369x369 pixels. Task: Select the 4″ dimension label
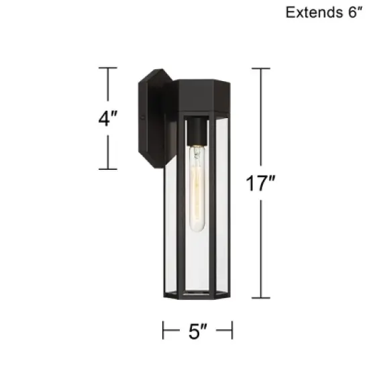point(107,118)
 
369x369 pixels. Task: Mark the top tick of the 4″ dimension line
point(108,68)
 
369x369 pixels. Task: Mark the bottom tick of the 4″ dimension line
point(108,168)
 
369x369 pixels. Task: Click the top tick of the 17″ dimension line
point(261,68)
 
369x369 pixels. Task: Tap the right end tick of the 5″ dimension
point(232,329)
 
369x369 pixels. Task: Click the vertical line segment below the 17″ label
point(261,248)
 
